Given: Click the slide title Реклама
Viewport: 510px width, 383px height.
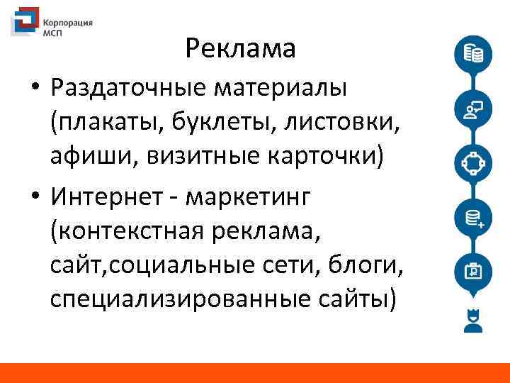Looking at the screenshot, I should coord(240,48).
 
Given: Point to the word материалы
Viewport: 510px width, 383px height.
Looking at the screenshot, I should coord(283,90).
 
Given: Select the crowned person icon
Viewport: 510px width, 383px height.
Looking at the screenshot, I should coord(472,321).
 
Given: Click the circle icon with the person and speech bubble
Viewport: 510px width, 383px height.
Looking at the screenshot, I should coord(472,109).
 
